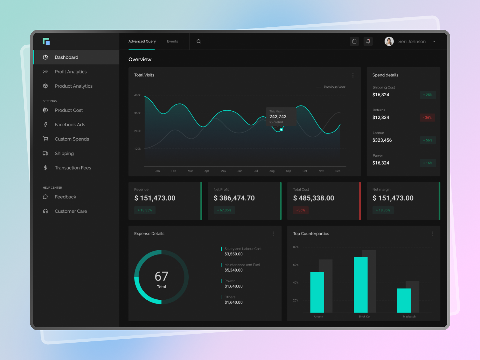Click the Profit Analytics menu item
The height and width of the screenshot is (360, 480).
[x=70, y=72]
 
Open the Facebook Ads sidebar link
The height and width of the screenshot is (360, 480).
[x=70, y=124]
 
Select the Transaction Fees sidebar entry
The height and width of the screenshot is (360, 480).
[x=73, y=168]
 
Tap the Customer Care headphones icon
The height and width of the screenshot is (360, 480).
[x=45, y=211]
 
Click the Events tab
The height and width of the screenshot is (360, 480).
[x=172, y=41]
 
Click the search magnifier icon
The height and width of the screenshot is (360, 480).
[x=199, y=41]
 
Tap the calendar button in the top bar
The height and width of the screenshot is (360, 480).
[x=354, y=41]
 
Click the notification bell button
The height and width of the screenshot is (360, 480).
[x=368, y=41]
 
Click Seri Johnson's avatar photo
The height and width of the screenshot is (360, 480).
[x=389, y=41]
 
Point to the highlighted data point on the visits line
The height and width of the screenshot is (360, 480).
[x=281, y=130]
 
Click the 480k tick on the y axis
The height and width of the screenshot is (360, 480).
[x=137, y=95]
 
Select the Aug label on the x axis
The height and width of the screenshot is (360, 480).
[x=272, y=171]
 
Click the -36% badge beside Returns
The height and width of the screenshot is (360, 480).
[x=427, y=118]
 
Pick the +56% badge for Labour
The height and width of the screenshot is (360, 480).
[x=427, y=140]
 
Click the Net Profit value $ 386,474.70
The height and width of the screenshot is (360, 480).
[x=234, y=198]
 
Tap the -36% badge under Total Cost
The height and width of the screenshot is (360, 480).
[x=301, y=210]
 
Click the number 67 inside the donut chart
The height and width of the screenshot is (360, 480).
[x=161, y=276]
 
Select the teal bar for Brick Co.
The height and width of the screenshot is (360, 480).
[x=361, y=285]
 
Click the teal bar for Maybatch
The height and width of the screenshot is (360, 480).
[x=404, y=300]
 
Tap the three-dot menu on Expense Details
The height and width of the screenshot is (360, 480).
[x=273, y=234]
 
